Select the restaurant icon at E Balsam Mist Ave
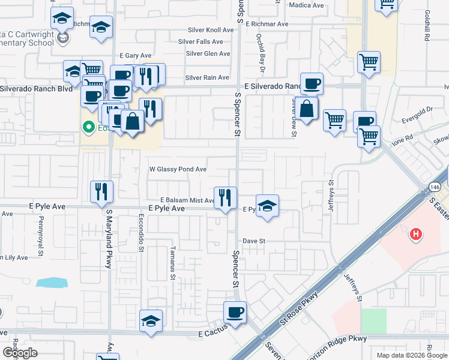pos(225,197)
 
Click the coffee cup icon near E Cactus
pos(235,312)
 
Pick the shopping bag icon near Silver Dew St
pos(306,109)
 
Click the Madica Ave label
pos(306,5)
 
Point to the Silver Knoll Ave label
pos(210,29)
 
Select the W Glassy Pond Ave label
pos(178,170)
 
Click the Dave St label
pos(254,241)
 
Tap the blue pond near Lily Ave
pos(51,282)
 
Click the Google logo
pos(19,353)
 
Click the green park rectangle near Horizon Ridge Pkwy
pos(374,321)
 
